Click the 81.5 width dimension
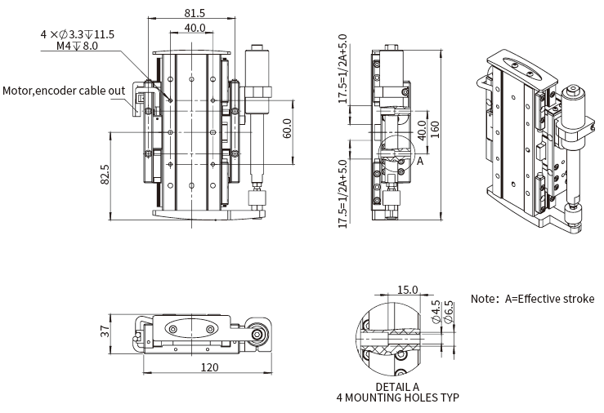click(195, 12)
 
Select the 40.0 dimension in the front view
click(195, 28)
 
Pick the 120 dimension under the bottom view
click(208, 367)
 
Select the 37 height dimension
click(105, 331)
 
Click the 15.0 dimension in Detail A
click(407, 290)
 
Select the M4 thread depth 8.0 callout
click(77, 47)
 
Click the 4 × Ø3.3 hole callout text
click(77, 34)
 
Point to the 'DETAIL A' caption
click(397, 386)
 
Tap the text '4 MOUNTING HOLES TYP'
click(397, 398)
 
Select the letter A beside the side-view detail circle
click(420, 162)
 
